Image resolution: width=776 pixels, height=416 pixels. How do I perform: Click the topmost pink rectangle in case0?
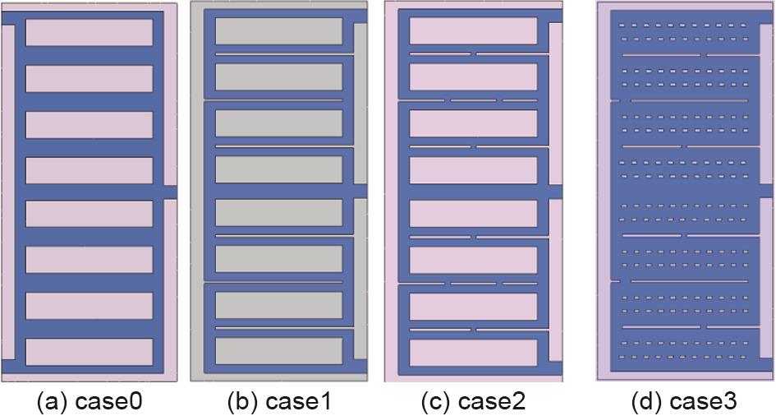pos(89,33)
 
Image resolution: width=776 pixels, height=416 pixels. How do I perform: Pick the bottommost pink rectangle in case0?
pos(89,352)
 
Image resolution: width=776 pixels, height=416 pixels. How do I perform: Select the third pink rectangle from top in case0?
pos(89,125)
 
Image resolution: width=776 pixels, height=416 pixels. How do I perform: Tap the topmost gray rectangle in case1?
pos(278,31)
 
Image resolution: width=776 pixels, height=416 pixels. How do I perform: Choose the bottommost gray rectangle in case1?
pos(278,351)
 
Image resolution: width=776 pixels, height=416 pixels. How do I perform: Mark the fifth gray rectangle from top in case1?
pos(278,212)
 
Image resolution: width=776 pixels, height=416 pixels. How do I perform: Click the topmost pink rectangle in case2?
pos(473,30)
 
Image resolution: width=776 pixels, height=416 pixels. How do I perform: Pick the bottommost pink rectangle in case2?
pos(473,353)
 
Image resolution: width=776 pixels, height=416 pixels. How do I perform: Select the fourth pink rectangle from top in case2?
pos(473,170)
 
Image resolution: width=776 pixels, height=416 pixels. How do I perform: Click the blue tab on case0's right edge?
pos(170,192)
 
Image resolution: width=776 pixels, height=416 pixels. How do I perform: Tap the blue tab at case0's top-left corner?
pos(8,18)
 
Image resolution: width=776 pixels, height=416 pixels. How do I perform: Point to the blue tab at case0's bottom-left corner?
pos(8,367)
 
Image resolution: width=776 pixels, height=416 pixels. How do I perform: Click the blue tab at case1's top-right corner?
pos(360,16)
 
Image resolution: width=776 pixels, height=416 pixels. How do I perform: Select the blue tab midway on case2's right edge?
pos(556,192)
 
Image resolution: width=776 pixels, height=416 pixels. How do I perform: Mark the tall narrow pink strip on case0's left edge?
pos(8,192)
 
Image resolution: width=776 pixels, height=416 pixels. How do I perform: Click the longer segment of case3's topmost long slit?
pos(662,55)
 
